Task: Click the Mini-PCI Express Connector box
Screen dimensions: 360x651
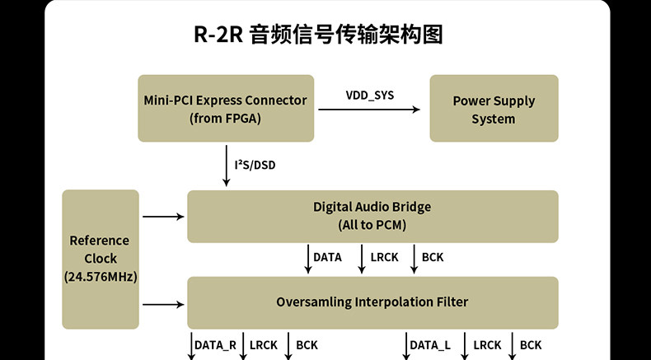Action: (x=225, y=109)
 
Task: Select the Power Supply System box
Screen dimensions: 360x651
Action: (x=494, y=109)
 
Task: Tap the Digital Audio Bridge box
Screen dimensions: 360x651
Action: (x=372, y=216)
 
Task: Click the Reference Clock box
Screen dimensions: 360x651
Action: (x=100, y=258)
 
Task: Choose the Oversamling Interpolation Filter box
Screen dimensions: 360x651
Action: (x=372, y=302)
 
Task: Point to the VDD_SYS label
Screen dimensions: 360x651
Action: (x=369, y=95)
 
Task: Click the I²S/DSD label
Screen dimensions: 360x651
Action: (x=255, y=166)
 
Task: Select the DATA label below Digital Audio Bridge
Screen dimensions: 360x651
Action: (x=327, y=257)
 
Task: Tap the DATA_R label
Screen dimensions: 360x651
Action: (x=216, y=345)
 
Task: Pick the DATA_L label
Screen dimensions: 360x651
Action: (x=429, y=345)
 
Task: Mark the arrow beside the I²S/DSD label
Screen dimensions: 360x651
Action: (x=226, y=165)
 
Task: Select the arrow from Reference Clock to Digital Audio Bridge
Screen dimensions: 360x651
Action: (x=163, y=217)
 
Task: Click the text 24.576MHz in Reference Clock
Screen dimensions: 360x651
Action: (x=100, y=277)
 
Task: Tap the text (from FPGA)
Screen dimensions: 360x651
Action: (x=225, y=119)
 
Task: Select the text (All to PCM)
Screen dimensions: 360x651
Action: (x=372, y=225)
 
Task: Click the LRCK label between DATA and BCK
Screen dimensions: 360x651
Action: (x=384, y=257)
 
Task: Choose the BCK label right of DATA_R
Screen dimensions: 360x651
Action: (x=307, y=345)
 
